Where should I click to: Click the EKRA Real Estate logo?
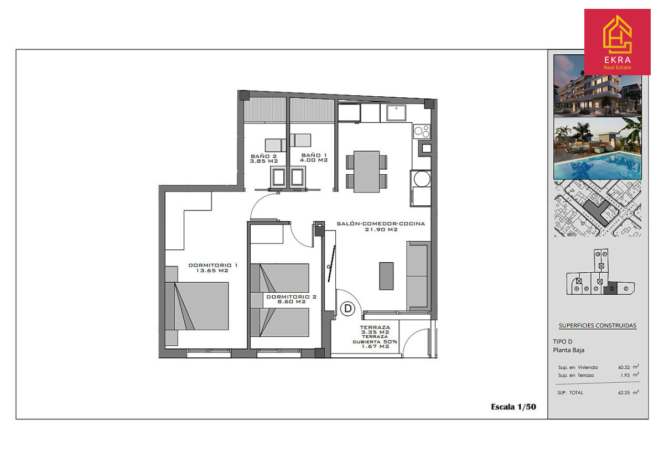[617, 42]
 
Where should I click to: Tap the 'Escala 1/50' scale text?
[513, 407]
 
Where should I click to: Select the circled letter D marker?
[347, 309]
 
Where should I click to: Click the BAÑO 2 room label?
[264, 159]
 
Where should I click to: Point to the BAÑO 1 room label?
[314, 158]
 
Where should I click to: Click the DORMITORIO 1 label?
[212, 268]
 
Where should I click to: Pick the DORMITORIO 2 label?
[291, 299]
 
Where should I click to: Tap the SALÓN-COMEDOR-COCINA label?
[381, 226]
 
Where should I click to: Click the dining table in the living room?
[366, 171]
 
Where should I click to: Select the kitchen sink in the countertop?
[396, 113]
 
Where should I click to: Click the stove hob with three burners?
[422, 131]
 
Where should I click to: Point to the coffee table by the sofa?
[386, 276]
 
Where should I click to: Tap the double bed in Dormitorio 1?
[197, 306]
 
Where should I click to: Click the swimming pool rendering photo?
[598, 148]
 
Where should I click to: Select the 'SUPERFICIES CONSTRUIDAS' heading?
[597, 325]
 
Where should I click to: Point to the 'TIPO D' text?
[562, 341]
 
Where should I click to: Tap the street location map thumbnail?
[598, 208]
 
